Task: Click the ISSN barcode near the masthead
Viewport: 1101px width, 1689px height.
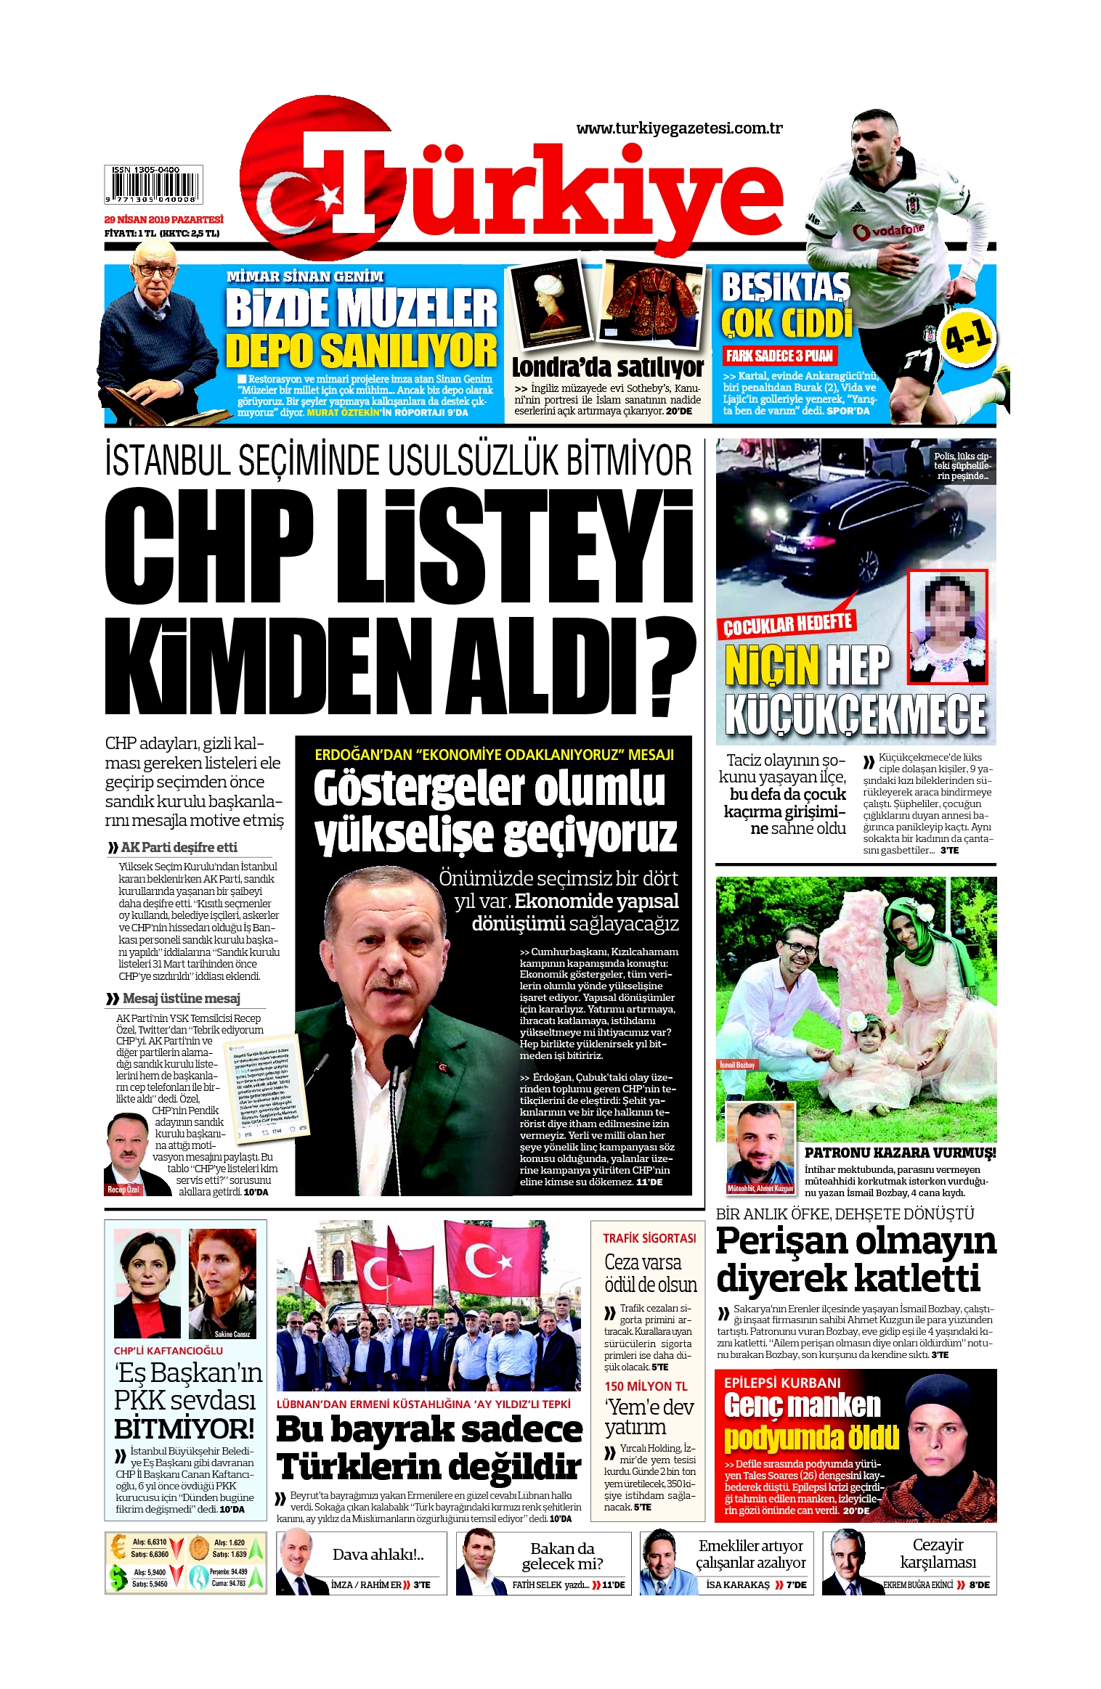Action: (153, 184)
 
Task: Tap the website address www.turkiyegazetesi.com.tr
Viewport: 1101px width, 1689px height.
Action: (679, 128)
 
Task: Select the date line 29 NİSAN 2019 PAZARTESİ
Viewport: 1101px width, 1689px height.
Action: (163, 219)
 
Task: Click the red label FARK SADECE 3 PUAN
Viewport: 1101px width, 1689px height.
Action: (779, 356)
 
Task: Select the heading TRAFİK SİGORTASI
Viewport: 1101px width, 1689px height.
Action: (649, 1238)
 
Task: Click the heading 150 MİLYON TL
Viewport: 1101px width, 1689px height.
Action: (646, 1386)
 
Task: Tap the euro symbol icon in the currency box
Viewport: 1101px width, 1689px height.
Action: (118, 1547)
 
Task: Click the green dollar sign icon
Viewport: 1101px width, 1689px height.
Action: (118, 1576)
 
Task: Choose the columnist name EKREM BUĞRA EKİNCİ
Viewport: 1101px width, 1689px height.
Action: (918, 1584)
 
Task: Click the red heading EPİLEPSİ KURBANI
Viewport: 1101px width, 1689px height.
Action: (782, 1383)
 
